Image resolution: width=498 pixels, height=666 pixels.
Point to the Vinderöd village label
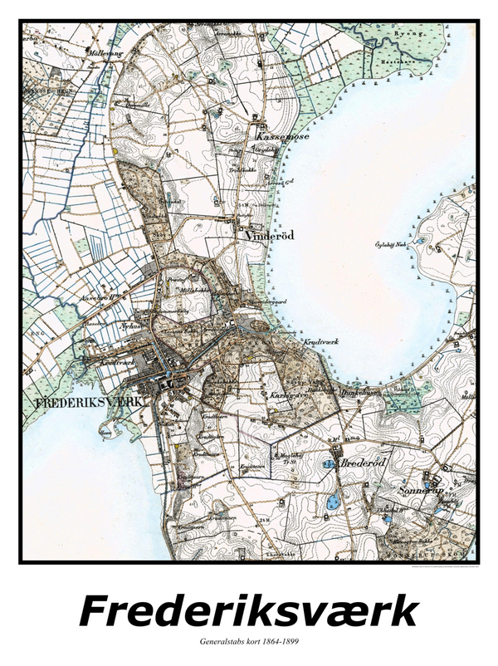pos(271,236)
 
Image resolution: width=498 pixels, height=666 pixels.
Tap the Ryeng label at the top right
pos(412,34)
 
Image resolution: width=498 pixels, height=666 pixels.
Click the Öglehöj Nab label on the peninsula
pos(391,244)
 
